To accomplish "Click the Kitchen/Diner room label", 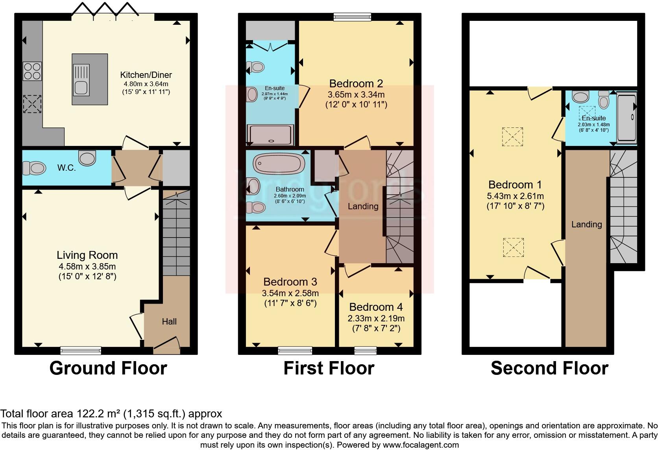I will pos(146,75).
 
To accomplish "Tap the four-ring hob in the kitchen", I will pos(32,71).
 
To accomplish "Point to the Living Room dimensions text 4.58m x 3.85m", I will pos(87,266).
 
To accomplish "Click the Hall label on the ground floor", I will pos(169,321).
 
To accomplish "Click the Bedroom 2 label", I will pos(356,83).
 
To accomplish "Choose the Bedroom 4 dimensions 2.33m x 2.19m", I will pos(376,318).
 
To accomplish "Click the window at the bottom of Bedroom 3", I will pos(295,350).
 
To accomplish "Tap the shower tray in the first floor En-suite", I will pos(270,134).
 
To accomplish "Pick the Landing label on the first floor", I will pos(363,206).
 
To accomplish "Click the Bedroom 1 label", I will pos(515,184).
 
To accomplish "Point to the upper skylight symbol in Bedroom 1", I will pos(512,136).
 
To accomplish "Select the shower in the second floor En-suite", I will pos(627,117).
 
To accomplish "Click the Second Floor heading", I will pos(549,368).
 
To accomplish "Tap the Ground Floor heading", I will pos(108,368).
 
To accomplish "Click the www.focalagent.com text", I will pos(421,445).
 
